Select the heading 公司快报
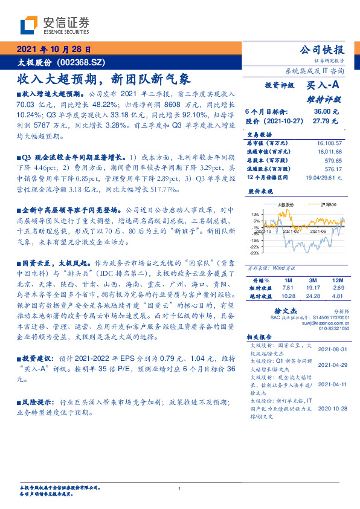[326, 50]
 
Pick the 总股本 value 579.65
[334, 161]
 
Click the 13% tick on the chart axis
[256, 214]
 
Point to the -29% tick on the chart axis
[255, 253]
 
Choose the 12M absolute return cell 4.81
[336, 296]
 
